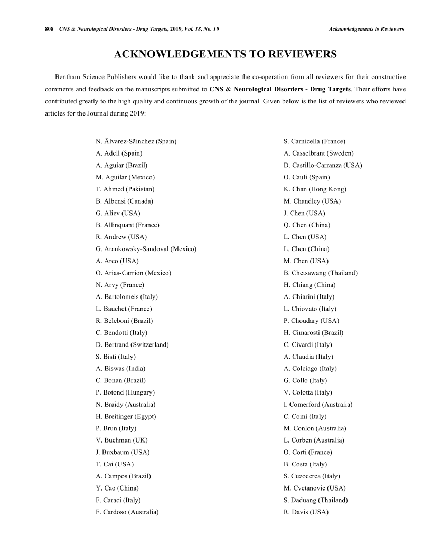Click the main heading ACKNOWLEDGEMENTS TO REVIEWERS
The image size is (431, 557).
(x=226, y=55)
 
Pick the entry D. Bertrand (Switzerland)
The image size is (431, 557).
(x=132, y=345)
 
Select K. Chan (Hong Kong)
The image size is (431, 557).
(x=315, y=189)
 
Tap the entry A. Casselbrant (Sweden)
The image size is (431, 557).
(x=318, y=153)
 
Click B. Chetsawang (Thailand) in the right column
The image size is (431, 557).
(x=321, y=273)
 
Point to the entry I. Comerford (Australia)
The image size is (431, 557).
(x=318, y=405)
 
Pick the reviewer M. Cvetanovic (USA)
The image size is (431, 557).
(x=315, y=488)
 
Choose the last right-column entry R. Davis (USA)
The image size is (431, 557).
(x=306, y=512)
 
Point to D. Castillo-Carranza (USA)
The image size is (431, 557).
(x=323, y=166)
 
